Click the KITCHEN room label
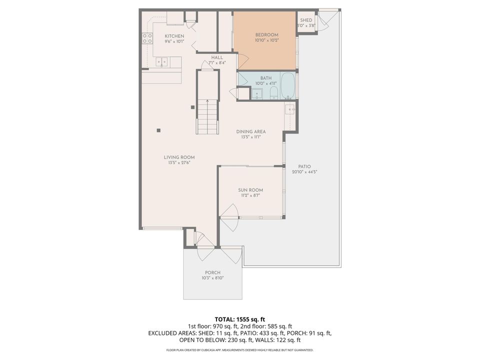pos(174,36)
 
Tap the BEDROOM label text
pos(266,34)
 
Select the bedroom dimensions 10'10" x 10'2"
pos(266,40)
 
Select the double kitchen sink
pos(161,62)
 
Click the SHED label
pos(306,20)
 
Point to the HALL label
pos(217,57)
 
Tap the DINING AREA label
pos(251,131)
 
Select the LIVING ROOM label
pos(179,157)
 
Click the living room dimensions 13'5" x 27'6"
pos(179,162)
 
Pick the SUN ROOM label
pos(250,190)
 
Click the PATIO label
pos(304,166)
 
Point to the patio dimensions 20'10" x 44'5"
pos(304,172)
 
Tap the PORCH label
pos(212,272)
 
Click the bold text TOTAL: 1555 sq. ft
pos(239,319)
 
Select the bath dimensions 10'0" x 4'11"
pos(265,83)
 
